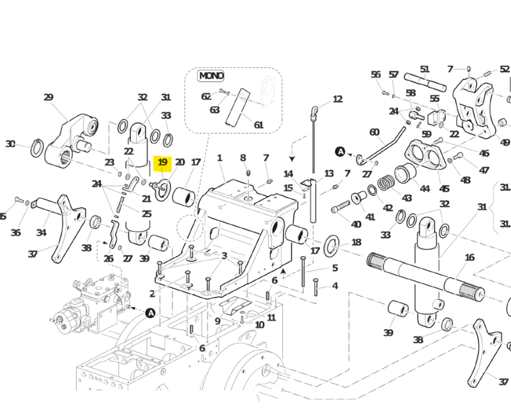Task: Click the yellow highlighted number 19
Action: [162, 163]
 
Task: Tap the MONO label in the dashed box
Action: [211, 76]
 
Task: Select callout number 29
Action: [49, 97]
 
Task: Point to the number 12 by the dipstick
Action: [337, 99]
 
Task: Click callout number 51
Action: [425, 69]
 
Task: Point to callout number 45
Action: [445, 188]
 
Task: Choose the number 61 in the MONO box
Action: [259, 125]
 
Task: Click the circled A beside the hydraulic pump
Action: [150, 312]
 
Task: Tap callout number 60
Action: [374, 132]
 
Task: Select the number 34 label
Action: [42, 232]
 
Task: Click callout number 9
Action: [217, 321]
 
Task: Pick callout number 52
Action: [505, 69]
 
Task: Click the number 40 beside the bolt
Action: [356, 224]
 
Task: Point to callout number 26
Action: [109, 259]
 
